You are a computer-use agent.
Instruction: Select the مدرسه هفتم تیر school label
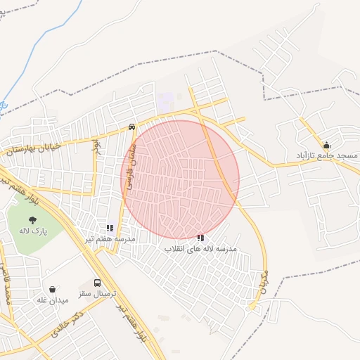[109, 239]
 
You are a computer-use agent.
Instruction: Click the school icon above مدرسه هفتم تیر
[110, 228]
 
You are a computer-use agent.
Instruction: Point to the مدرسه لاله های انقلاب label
[200, 249]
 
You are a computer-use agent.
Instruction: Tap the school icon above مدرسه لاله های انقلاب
[200, 238]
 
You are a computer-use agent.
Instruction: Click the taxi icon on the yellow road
[132, 127]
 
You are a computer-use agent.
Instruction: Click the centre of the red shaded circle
[181, 179]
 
